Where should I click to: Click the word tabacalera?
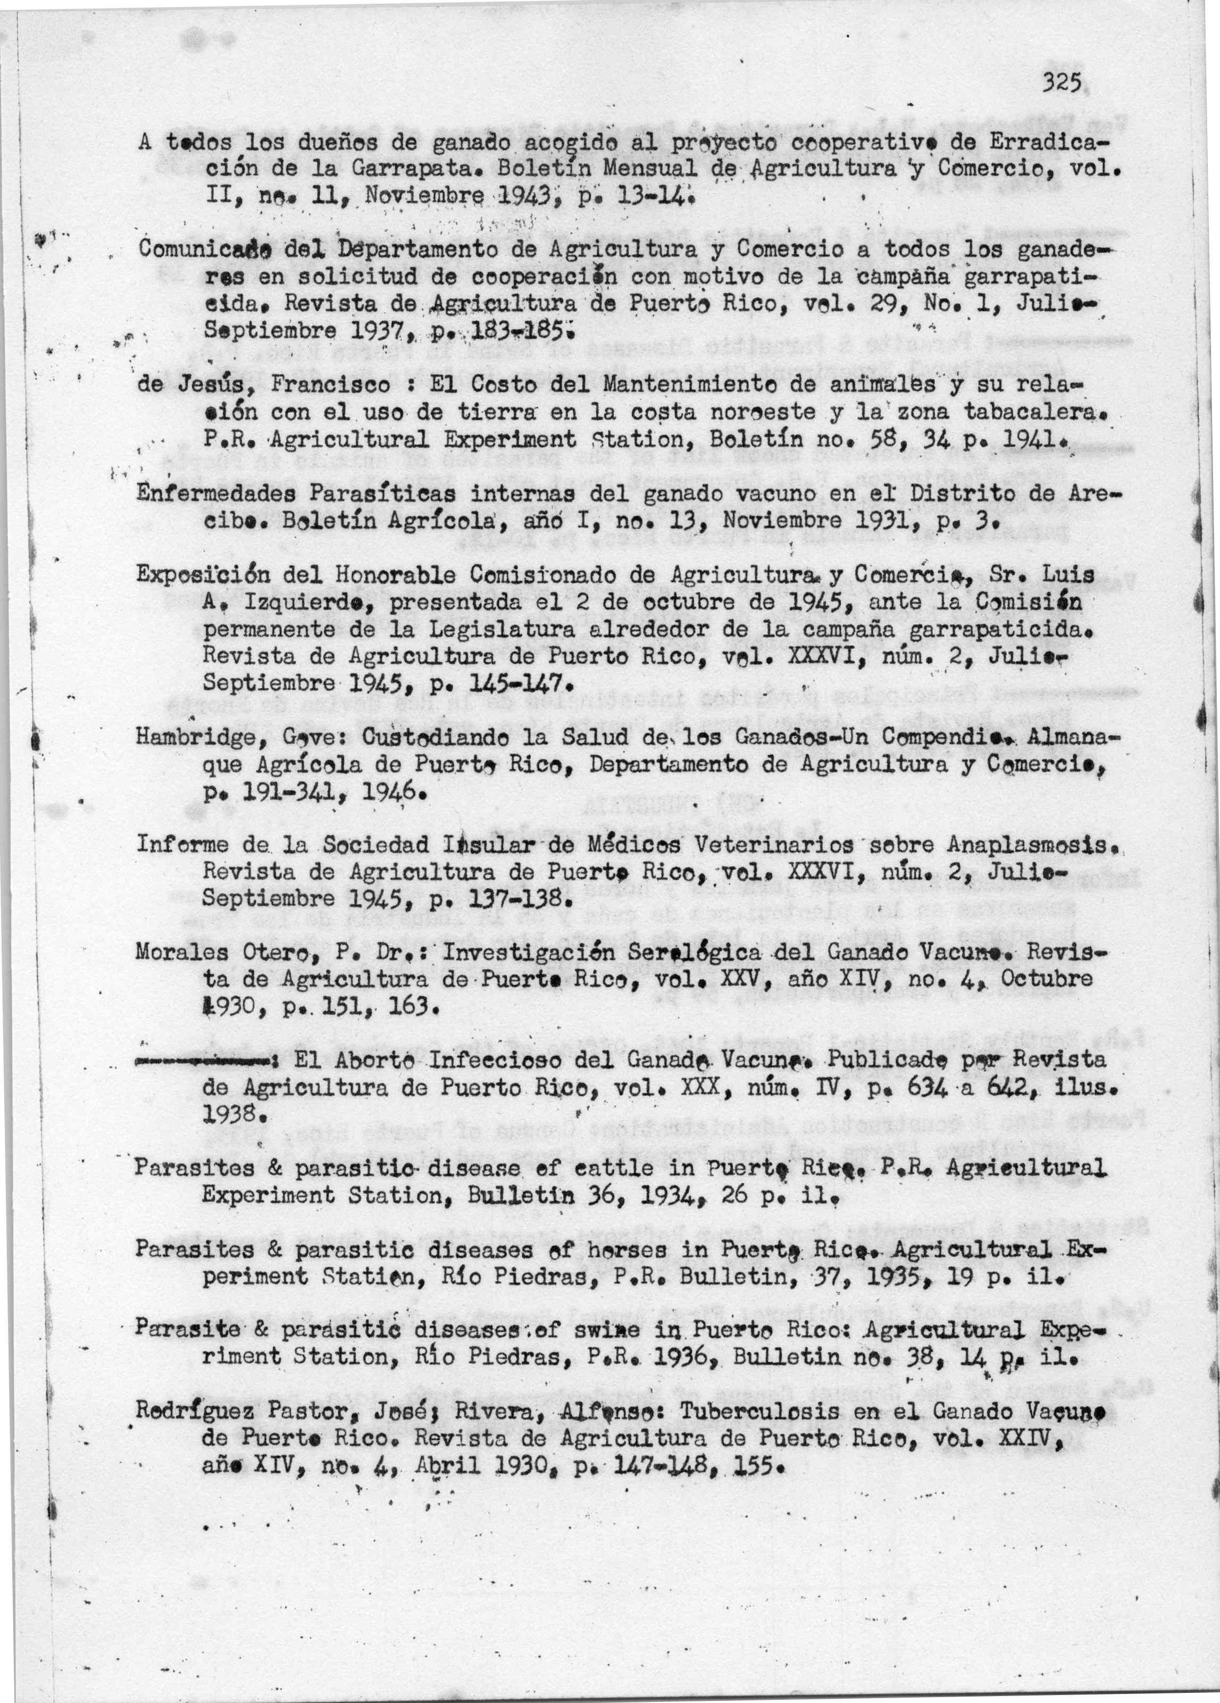point(1025,412)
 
